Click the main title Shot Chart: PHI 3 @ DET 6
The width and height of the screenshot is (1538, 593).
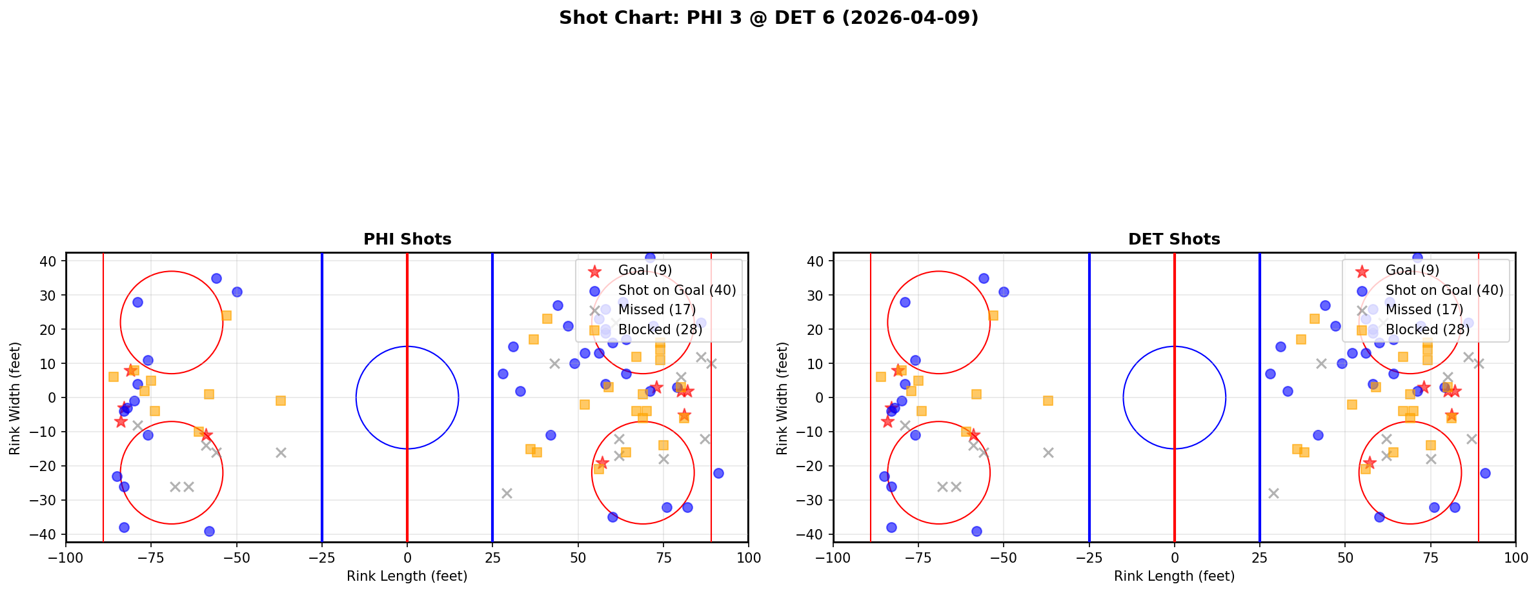tap(768, 18)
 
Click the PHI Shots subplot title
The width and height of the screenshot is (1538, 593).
tap(407, 239)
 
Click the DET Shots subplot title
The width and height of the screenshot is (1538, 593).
tap(1174, 239)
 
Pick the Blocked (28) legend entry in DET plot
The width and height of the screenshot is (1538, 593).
tap(1427, 330)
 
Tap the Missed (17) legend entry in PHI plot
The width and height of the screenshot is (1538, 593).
tap(656, 310)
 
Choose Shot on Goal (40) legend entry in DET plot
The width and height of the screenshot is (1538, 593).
tap(1444, 290)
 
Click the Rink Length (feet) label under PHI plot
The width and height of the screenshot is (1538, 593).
tap(407, 576)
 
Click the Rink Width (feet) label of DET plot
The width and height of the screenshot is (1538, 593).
tap(782, 398)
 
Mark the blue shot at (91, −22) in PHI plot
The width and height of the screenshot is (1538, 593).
tap(718, 473)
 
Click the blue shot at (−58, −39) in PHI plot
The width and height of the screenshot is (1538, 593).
tap(209, 531)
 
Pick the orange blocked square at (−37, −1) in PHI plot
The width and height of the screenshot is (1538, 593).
tap(281, 401)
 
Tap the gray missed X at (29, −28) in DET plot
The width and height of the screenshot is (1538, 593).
tap(1273, 493)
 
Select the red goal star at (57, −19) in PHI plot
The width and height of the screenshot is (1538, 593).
tap(602, 463)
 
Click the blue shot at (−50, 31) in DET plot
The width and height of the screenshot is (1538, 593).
tap(1004, 292)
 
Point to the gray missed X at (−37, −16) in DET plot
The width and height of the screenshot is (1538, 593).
tap(1048, 452)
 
